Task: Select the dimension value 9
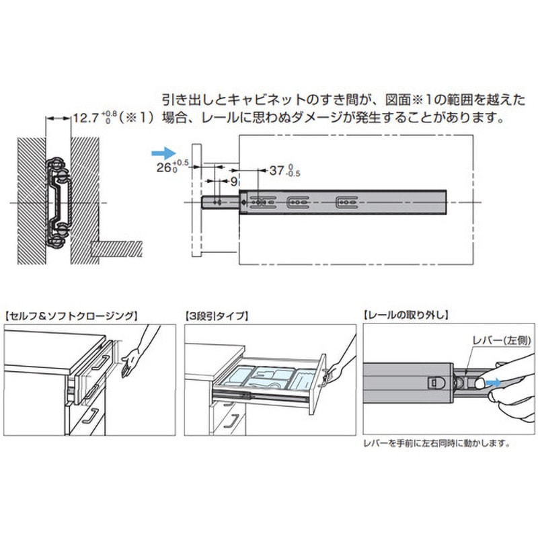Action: (x=233, y=181)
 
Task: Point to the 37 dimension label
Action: (x=276, y=170)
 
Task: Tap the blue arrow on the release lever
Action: (x=494, y=382)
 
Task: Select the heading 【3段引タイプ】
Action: (x=217, y=315)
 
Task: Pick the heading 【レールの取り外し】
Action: (x=406, y=315)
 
